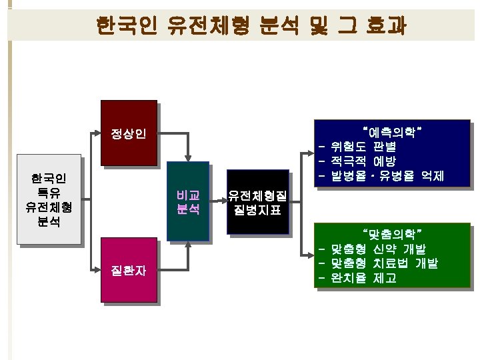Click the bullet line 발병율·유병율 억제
click(387, 176)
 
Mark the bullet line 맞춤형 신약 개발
click(377, 249)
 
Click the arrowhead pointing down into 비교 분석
click(189, 157)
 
